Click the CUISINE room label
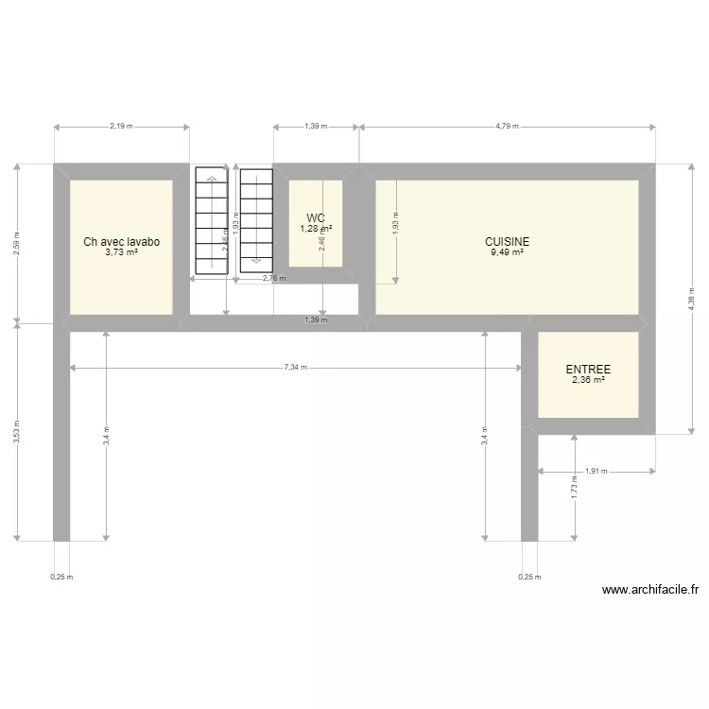508,242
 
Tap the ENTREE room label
588,370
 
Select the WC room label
316,218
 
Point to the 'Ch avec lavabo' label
121,242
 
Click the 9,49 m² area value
508,252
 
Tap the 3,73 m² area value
121,252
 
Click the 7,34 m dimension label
296,368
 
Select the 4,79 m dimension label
507,126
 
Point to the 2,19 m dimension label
121,126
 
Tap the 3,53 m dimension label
16,433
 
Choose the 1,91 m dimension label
596,470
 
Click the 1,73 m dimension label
575,490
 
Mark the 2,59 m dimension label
16,243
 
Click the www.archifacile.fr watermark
650,589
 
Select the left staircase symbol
212,222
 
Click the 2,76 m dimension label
273,279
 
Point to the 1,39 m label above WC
316,126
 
